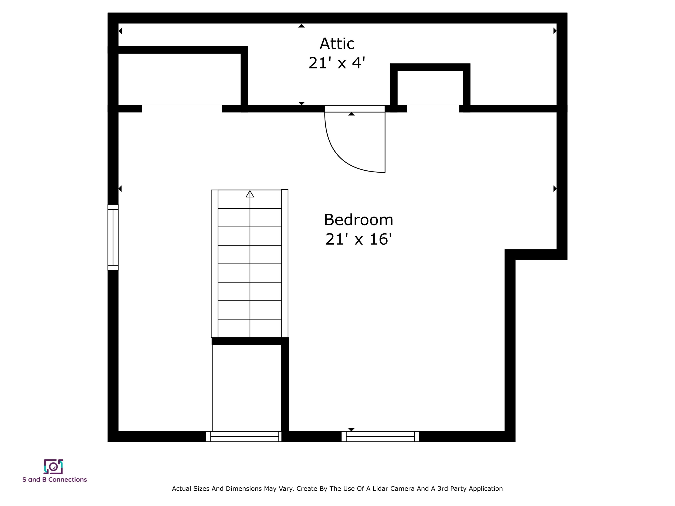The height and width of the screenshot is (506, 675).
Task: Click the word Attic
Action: pos(337,44)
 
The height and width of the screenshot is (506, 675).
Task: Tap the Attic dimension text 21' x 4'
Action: pos(337,63)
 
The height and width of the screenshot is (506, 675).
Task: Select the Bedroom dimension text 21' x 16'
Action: pos(359,239)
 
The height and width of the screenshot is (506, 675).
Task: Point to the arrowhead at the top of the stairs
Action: pos(250,194)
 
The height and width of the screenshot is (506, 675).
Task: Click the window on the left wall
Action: pos(113,237)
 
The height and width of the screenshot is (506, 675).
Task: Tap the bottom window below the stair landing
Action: pos(244,436)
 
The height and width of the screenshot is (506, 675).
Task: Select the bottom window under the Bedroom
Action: pos(380,436)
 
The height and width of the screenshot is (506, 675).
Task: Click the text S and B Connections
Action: pos(55,479)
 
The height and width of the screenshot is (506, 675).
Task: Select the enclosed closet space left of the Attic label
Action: pos(180,79)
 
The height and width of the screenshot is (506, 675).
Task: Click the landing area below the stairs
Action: pos(247,387)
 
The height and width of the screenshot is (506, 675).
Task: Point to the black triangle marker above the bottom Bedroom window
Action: pos(351,429)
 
